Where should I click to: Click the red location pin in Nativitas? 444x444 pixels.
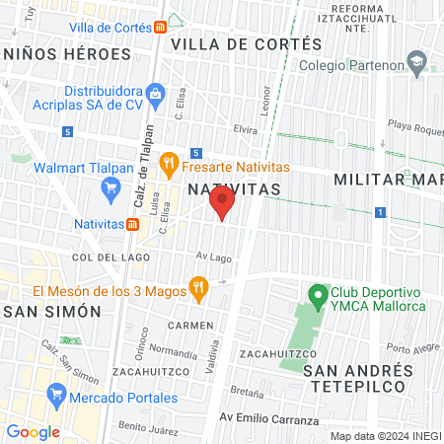point(222,202)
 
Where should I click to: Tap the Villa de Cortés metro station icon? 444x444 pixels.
point(160,29)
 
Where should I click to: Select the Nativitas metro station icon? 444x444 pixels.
point(132,223)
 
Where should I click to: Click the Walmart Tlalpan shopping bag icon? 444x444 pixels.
point(22,168)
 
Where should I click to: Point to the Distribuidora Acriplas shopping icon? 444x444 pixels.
point(154,94)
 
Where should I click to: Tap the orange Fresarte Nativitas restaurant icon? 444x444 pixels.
point(168,161)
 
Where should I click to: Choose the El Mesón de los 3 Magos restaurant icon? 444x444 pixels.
point(198,290)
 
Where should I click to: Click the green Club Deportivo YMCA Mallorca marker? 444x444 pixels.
point(318,295)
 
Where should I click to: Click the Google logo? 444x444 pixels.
point(33,432)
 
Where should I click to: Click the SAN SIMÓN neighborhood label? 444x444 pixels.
point(52,311)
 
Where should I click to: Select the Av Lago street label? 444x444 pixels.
point(212,257)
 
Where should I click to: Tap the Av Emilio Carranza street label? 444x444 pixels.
point(269,419)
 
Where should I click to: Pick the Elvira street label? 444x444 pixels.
point(218,128)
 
